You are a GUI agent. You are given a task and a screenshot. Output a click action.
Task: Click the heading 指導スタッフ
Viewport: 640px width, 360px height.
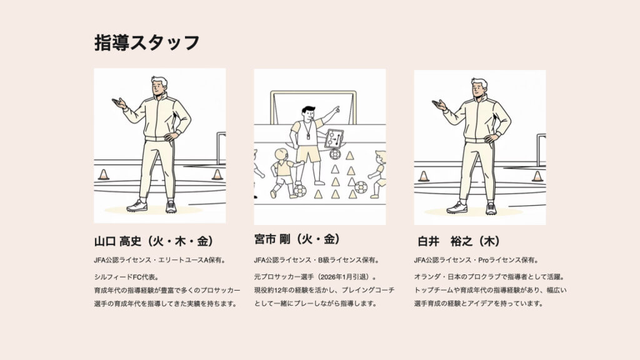(x=147, y=42)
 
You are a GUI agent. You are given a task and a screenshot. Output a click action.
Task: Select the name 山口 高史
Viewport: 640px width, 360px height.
(x=117, y=241)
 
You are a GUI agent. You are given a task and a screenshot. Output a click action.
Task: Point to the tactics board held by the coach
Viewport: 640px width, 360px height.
(x=334, y=139)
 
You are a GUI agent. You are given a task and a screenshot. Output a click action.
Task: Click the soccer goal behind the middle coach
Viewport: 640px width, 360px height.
(x=314, y=107)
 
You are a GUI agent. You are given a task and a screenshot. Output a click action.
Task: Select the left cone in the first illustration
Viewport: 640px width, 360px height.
(x=104, y=175)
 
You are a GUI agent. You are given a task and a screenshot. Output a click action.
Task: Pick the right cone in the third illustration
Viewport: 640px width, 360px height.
(x=537, y=176)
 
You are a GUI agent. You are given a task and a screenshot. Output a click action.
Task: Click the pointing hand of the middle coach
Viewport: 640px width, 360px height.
(x=336, y=110)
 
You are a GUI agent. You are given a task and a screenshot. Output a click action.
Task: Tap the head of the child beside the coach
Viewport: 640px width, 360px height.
(x=281, y=155)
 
